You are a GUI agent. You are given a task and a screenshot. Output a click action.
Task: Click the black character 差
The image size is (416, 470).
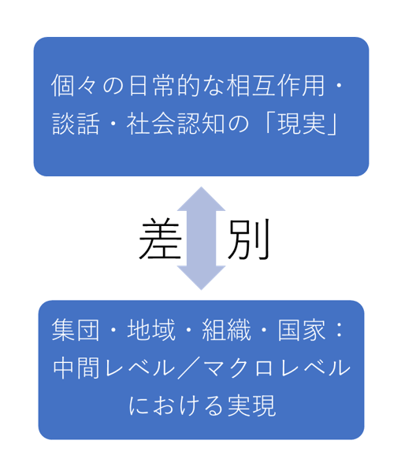pos(160,239)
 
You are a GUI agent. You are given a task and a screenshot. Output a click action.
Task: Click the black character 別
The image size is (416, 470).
pos(249,239)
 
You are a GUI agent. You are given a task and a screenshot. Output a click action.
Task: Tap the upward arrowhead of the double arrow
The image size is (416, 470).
pos(201,199)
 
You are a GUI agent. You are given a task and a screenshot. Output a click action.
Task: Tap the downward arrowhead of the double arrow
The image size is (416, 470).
pos(201,278)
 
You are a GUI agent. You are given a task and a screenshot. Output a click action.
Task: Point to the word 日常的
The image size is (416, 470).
pos(165,86)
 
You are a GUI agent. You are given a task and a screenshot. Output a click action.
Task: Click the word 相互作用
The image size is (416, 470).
pos(275,86)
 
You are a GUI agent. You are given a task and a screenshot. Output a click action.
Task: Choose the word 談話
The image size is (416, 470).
pos(76,123)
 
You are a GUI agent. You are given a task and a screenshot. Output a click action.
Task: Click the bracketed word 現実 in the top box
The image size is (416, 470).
pos(301,123)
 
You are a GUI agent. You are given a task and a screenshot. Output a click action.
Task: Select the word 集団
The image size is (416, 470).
pos(76,330)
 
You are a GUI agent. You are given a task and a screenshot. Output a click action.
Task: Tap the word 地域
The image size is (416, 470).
pos(150,330)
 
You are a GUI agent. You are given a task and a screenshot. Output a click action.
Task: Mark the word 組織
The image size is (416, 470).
pos(226,330)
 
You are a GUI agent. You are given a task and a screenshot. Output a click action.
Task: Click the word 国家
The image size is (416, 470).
pos(302,330)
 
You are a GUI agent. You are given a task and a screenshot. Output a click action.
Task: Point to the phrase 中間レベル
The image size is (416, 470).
pos(114,368)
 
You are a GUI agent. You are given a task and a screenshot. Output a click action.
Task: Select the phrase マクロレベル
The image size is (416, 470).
pos(278,368)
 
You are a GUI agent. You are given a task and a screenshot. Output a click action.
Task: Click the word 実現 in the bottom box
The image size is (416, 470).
pos(251,405)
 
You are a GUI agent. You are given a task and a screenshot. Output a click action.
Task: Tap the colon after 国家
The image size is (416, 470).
pos(340,331)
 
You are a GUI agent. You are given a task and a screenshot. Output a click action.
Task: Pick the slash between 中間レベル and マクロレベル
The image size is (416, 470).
pos(190,368)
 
